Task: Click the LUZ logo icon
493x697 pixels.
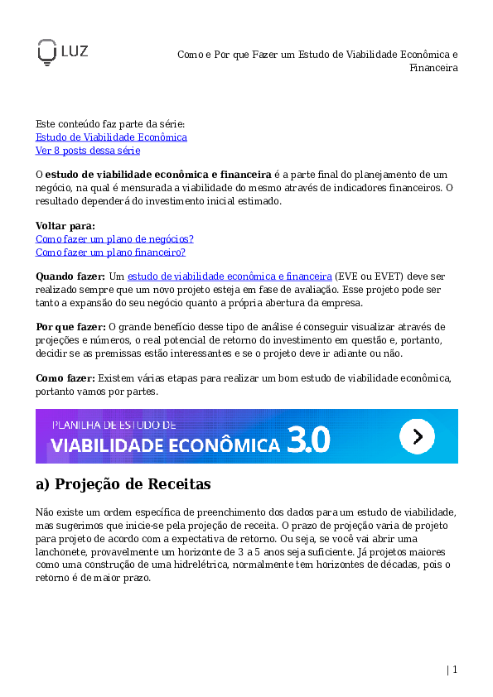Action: pos(46,52)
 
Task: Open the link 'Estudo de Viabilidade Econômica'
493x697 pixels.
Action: pos(111,137)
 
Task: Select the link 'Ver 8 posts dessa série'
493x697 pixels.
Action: pos(88,151)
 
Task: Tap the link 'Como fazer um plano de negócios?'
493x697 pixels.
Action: pos(114,238)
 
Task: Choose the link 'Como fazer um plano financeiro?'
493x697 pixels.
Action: pos(110,252)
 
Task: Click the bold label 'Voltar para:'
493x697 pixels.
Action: pos(65,225)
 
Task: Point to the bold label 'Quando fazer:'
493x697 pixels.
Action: pos(70,275)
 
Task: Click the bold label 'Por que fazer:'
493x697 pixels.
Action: pos(70,326)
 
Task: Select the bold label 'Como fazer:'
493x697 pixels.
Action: pos(65,377)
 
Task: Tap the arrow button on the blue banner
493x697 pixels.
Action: pos(417,435)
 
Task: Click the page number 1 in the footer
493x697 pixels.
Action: pos(455,670)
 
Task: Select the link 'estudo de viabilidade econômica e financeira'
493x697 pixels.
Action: pos(230,275)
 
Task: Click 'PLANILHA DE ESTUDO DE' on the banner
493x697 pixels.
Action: pos(114,424)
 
